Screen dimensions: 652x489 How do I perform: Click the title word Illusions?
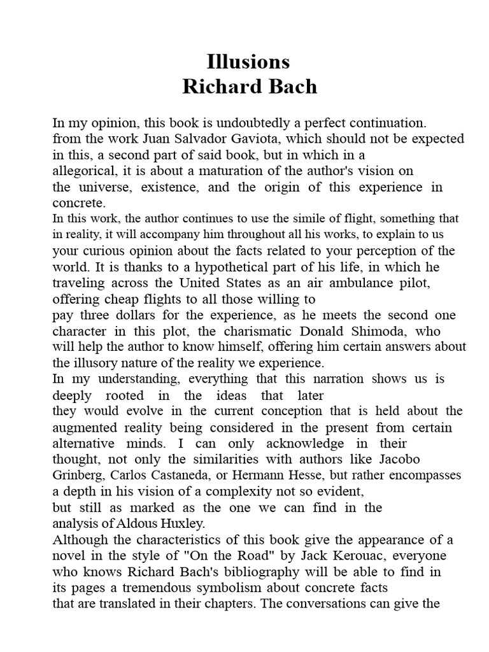[248, 62]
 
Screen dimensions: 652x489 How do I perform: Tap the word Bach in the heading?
[292, 87]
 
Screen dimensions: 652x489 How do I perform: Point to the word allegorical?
[83, 171]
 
